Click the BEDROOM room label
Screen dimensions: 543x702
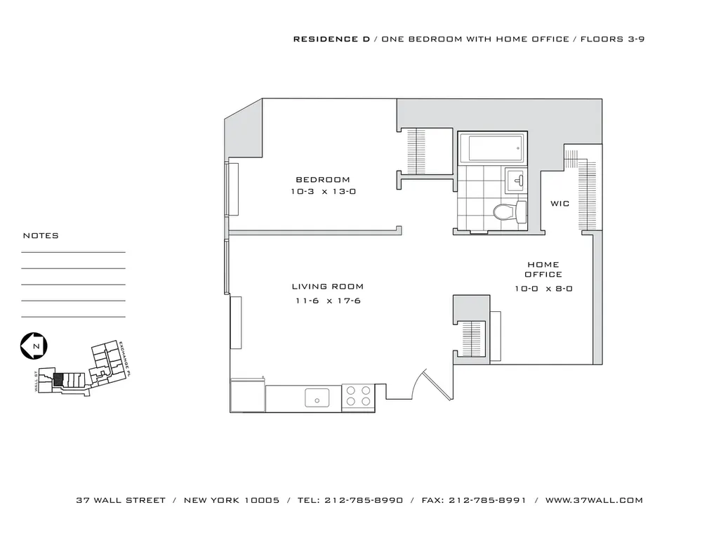coord(322,180)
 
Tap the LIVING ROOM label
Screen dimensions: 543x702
coord(328,287)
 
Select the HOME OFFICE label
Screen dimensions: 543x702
coord(544,269)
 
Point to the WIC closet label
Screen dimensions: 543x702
coord(559,204)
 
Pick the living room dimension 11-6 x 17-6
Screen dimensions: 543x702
coord(328,301)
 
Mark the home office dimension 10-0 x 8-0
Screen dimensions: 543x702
coord(544,288)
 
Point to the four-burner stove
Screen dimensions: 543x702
coord(357,397)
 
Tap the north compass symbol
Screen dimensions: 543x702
coord(33,346)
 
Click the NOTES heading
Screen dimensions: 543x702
coord(41,236)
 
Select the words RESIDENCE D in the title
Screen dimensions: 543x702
coord(331,39)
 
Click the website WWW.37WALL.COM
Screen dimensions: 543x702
coord(594,501)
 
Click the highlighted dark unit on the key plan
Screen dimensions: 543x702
coord(58,379)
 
